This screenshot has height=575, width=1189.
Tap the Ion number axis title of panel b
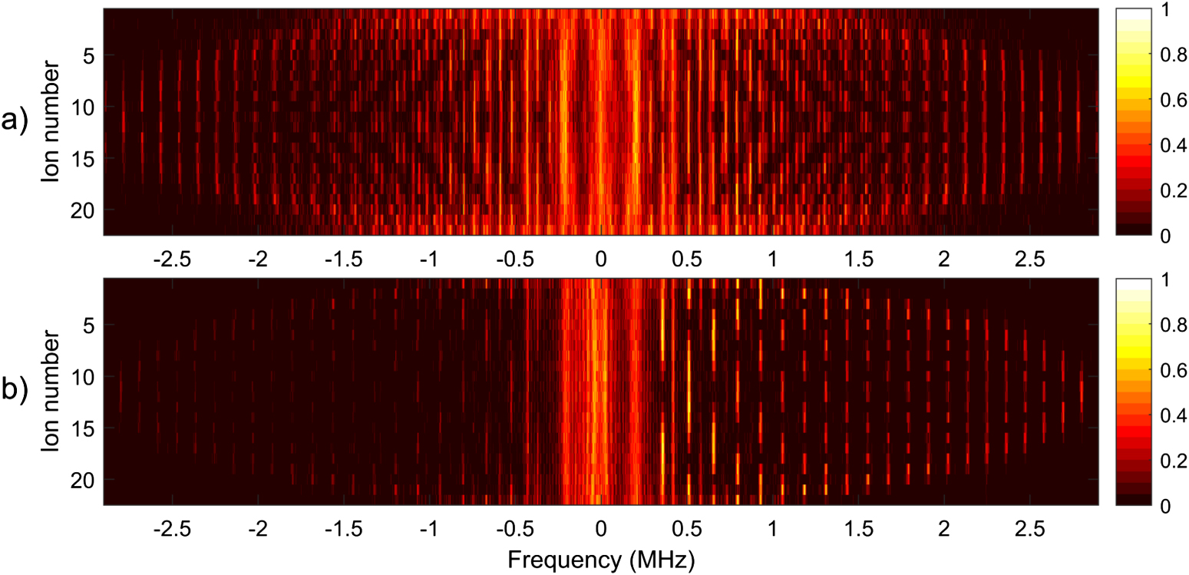tap(50, 392)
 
